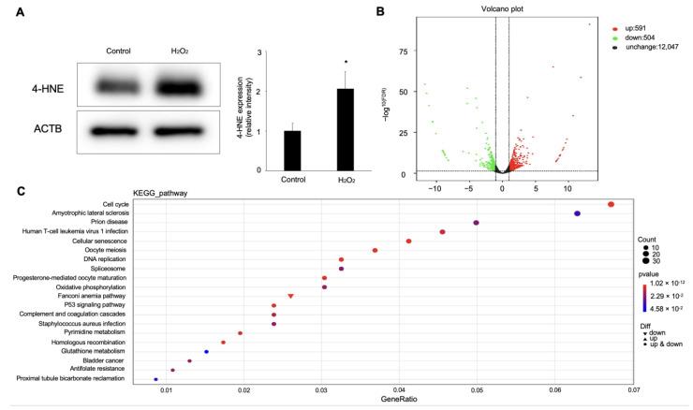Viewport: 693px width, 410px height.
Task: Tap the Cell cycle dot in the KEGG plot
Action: pos(611,204)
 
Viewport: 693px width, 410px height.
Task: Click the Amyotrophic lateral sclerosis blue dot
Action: pos(577,213)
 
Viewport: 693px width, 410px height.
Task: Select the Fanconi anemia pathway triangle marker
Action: pos(291,296)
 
